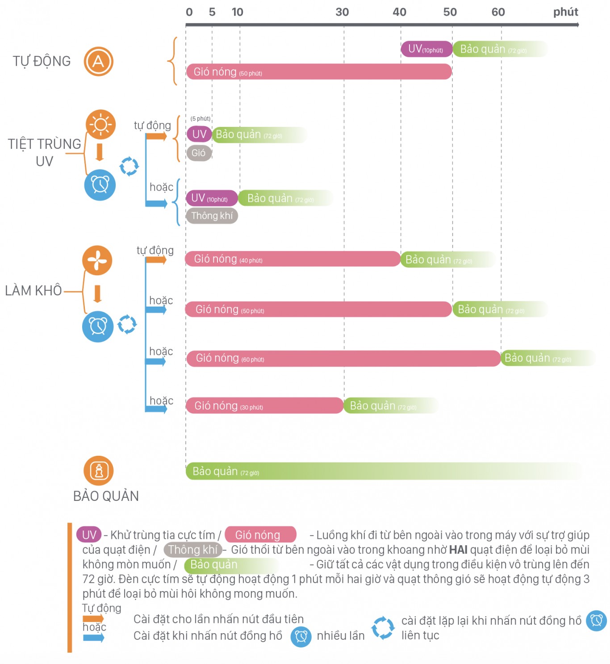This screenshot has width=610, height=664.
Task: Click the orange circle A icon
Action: click(x=98, y=61)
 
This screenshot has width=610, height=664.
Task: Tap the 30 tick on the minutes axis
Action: click(x=342, y=12)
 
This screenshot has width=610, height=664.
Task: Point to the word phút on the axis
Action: click(x=565, y=12)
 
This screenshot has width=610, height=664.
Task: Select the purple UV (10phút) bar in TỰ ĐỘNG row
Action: click(x=426, y=49)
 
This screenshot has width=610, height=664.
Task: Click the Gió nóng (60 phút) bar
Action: click(x=343, y=358)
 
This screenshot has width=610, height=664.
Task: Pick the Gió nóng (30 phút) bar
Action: click(x=264, y=406)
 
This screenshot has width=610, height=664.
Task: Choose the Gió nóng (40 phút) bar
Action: click(x=293, y=259)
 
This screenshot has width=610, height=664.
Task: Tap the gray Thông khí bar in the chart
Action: click(x=212, y=216)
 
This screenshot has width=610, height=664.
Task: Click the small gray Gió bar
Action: click(x=199, y=153)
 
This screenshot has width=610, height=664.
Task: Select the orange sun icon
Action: click(x=100, y=124)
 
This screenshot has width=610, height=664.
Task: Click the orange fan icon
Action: click(x=97, y=260)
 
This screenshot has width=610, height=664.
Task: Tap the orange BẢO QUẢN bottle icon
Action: click(x=99, y=470)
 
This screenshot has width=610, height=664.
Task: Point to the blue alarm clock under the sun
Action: click(x=100, y=185)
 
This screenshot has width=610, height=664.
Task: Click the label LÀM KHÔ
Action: click(x=33, y=290)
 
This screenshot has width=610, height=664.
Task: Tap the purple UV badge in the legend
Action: click(x=89, y=535)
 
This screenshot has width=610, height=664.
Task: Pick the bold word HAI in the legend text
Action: click(x=458, y=550)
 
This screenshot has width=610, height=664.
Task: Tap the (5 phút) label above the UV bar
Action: click(x=200, y=118)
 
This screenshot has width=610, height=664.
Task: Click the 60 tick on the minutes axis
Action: click(x=498, y=12)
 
